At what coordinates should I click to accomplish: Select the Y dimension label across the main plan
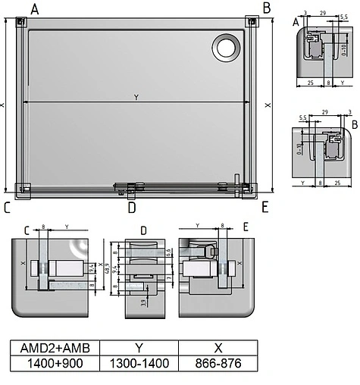click(136, 96)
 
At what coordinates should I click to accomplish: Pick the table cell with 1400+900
click(55, 363)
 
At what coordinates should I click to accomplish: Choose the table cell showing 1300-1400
click(139, 363)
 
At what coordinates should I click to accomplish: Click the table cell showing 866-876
click(218, 363)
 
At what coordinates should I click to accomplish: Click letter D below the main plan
click(131, 207)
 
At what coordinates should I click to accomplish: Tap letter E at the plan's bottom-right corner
click(265, 207)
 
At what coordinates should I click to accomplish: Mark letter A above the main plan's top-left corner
click(34, 8)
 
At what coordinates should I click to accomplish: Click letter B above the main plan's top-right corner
click(267, 8)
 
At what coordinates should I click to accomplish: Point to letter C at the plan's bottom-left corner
click(7, 207)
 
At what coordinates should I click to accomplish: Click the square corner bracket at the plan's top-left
click(20, 23)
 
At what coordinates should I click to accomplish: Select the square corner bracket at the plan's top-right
click(250, 23)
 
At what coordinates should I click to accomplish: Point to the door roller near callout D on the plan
click(131, 187)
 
